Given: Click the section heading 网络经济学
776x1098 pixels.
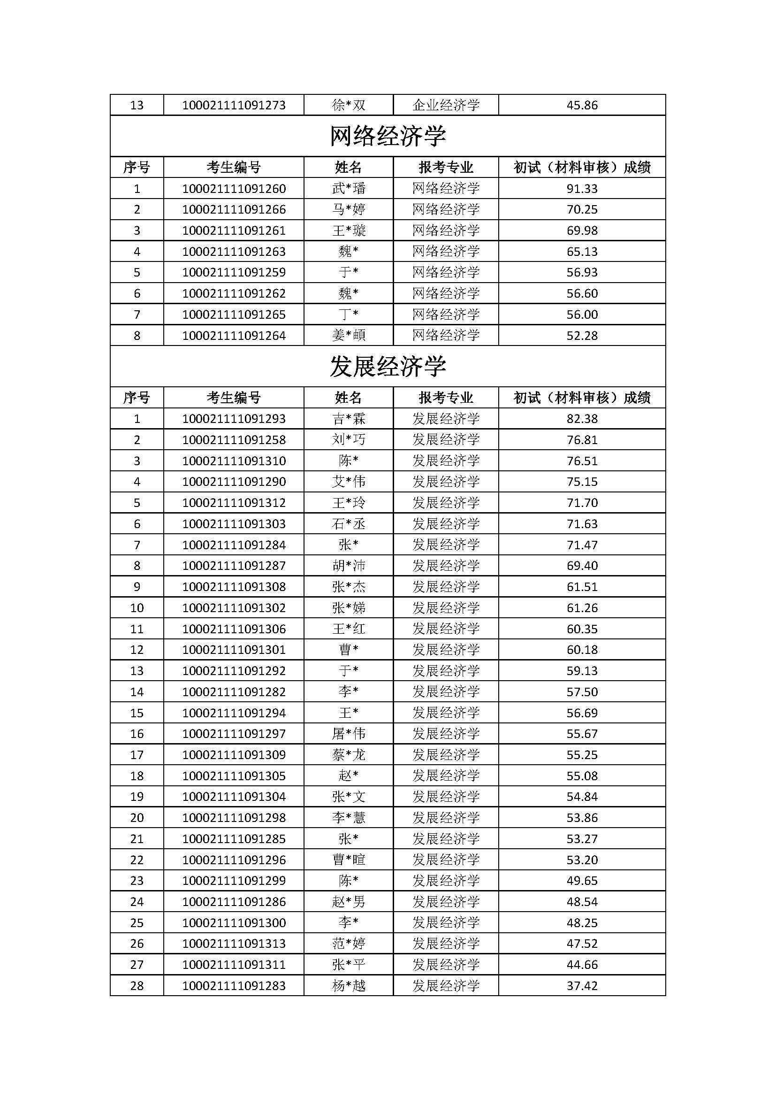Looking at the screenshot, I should pyautogui.click(x=388, y=136).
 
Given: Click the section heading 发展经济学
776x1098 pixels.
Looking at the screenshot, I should pyautogui.click(x=388, y=366).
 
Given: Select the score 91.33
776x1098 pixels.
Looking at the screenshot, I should pyautogui.click(x=581, y=188).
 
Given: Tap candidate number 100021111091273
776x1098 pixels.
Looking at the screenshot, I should pyautogui.click(x=234, y=105).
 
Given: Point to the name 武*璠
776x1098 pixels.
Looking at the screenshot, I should pyautogui.click(x=348, y=188).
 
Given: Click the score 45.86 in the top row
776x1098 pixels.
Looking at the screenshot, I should pyautogui.click(x=581, y=105).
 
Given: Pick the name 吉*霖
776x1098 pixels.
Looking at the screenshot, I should pyautogui.click(x=348, y=419).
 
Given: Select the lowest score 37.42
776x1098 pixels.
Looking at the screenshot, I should pyautogui.click(x=581, y=986).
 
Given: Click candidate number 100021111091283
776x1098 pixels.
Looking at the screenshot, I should pyautogui.click(x=234, y=986).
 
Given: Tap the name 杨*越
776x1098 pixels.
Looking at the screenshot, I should pyautogui.click(x=348, y=986).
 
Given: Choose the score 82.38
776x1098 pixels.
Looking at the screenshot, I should pyautogui.click(x=581, y=419).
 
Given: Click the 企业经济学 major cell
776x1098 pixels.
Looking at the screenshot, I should pyautogui.click(x=445, y=105).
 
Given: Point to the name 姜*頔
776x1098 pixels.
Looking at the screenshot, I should pyautogui.click(x=348, y=335).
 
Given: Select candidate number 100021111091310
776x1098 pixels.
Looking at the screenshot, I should pyautogui.click(x=234, y=461).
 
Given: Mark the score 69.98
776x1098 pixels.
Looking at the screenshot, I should pyautogui.click(x=581, y=230).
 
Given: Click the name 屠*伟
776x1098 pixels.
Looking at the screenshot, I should pyautogui.click(x=348, y=734).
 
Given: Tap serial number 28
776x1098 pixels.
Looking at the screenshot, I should pyautogui.click(x=137, y=986).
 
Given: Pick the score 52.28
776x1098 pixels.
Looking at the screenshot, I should pyautogui.click(x=581, y=335).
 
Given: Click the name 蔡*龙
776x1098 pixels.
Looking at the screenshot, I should pyautogui.click(x=348, y=755).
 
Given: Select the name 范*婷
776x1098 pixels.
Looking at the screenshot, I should pyautogui.click(x=348, y=944).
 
